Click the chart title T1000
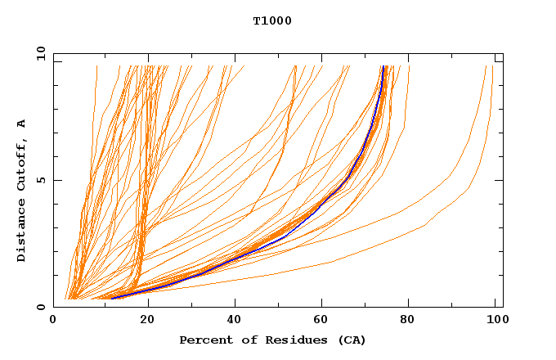tap(272, 21)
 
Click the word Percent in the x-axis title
tap(203, 340)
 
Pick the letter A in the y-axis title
tap(22, 124)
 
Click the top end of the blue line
tap(383, 67)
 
